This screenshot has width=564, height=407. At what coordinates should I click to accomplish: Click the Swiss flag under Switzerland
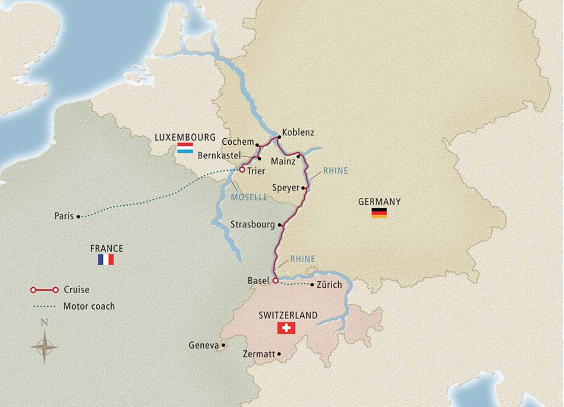(286, 328)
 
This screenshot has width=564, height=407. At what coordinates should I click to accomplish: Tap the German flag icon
(379, 213)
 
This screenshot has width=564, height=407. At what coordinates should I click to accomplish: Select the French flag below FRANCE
(106, 259)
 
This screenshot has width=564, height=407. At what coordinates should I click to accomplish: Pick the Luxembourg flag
(185, 148)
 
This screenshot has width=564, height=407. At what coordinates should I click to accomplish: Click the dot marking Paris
(78, 216)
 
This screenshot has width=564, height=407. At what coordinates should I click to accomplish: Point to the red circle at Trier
(242, 170)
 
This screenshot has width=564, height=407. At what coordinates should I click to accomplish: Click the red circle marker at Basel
(276, 281)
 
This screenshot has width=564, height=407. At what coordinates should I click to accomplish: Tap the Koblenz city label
(298, 132)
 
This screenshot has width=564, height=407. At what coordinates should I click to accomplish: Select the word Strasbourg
(253, 224)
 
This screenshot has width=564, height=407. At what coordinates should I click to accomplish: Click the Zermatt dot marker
(279, 354)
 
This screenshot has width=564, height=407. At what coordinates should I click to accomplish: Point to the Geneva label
(204, 345)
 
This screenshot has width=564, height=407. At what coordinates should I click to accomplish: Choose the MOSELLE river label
(249, 197)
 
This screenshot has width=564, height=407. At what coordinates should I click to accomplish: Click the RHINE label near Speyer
(335, 171)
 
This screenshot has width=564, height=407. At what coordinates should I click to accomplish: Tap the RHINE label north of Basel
(302, 259)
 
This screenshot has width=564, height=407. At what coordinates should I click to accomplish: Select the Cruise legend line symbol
(44, 290)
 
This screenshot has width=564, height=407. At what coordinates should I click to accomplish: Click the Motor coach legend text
(89, 306)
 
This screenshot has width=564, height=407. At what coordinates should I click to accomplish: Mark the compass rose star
(44, 347)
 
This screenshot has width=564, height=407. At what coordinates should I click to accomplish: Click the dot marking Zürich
(312, 285)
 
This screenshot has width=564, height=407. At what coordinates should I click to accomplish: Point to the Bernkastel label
(219, 155)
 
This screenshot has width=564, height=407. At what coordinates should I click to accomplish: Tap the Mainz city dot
(298, 156)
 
